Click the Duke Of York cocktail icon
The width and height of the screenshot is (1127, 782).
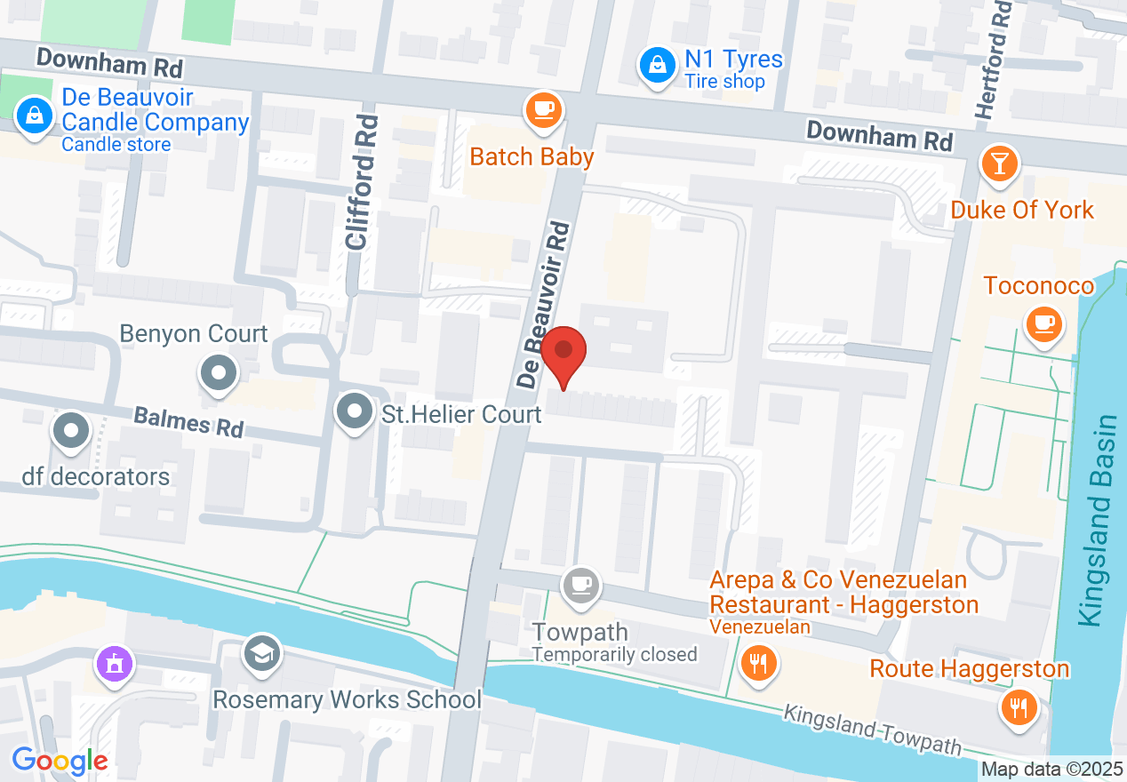click(x=1000, y=164)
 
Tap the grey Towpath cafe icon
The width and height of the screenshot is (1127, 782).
click(x=581, y=585)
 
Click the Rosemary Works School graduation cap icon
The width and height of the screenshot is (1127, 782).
click(x=261, y=653)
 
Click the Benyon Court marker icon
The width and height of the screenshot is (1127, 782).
click(x=219, y=372)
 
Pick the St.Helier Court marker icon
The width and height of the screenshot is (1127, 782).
click(x=356, y=412)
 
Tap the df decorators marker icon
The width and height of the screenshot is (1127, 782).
click(x=72, y=433)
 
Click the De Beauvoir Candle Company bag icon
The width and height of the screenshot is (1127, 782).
click(x=35, y=116)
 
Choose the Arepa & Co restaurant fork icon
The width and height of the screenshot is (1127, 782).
click(x=757, y=663)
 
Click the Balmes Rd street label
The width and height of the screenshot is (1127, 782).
click(x=188, y=421)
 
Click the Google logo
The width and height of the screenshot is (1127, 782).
click(x=60, y=761)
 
